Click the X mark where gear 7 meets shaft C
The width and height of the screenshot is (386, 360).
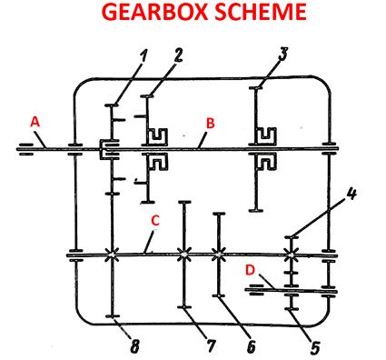click(x=184, y=255)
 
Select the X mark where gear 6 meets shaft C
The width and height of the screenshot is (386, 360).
click(x=218, y=255)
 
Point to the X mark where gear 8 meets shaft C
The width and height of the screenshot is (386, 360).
click(x=110, y=255)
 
